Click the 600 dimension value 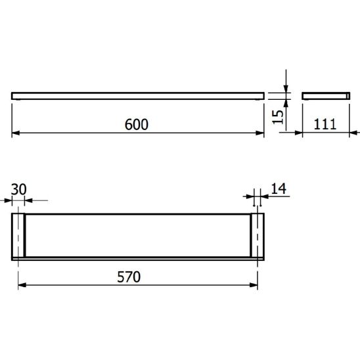point(137,124)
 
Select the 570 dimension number point(129,277)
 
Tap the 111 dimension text point(325,124)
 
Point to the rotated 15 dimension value point(278,117)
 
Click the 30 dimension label point(18,189)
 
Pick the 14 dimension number point(279,189)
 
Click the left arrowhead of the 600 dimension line point(16,133)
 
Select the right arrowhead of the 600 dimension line point(260,133)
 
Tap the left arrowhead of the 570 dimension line point(22,285)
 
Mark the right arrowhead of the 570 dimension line point(254,285)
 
